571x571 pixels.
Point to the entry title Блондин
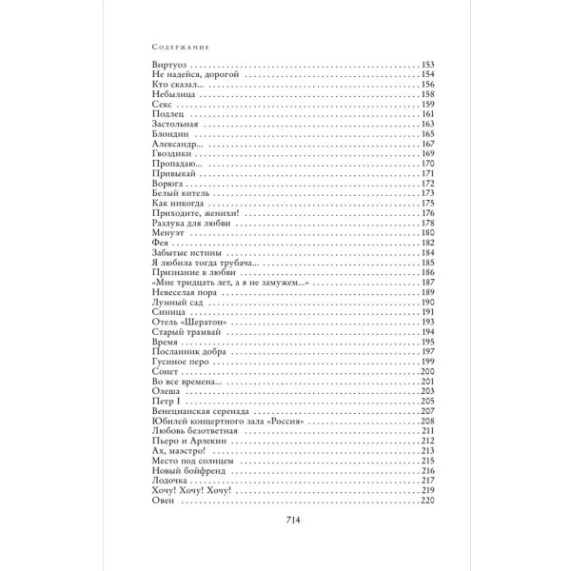click(x=172, y=134)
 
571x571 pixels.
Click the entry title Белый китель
click(x=182, y=194)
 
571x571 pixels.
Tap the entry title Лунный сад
click(x=177, y=304)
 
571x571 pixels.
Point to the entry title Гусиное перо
click(x=182, y=364)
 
